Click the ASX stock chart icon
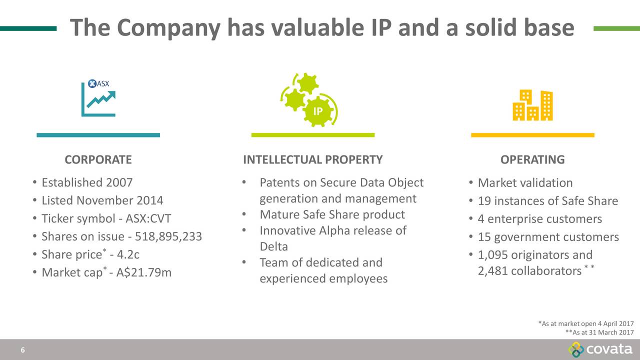[x=98, y=97]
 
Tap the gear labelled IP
[x=317, y=111]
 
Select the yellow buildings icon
[x=532, y=105]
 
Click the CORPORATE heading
[x=98, y=159]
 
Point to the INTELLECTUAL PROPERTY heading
[x=313, y=159]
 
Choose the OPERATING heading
[x=532, y=159]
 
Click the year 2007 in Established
[x=119, y=182]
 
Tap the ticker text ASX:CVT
[x=148, y=218]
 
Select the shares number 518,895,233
[x=168, y=236]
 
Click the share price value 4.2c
[x=128, y=254]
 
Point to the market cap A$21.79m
[x=143, y=272]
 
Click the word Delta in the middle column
[x=273, y=246]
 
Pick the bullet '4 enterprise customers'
[x=539, y=219]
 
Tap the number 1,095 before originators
[x=493, y=255]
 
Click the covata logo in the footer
[x=600, y=349]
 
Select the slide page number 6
[x=23, y=350]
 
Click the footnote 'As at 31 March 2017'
[x=599, y=332]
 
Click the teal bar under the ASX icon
[x=98, y=135]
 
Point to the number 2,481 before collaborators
[x=493, y=271]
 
